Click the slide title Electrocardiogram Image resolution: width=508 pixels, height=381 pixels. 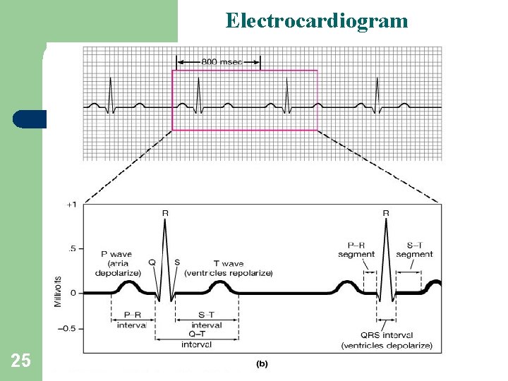[x=317, y=20]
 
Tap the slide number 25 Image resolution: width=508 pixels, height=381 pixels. [x=20, y=361]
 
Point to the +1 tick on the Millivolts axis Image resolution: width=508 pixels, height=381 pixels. [x=72, y=205]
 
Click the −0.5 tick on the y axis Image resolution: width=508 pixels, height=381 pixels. [x=68, y=329]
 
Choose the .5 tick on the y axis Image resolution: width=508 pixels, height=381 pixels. [x=72, y=248]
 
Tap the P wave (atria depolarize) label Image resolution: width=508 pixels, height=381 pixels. [x=122, y=262]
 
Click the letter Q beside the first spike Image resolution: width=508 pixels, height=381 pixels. [x=152, y=262]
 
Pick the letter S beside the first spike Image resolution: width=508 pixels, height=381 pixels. [x=176, y=262]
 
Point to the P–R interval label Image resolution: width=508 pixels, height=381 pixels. [x=132, y=320]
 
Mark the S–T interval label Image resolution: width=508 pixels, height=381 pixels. [x=207, y=320]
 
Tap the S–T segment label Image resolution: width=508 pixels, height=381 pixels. [x=414, y=250]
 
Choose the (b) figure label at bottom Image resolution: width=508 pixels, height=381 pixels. [x=262, y=363]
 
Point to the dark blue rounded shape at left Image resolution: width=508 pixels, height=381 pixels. [x=29, y=119]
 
